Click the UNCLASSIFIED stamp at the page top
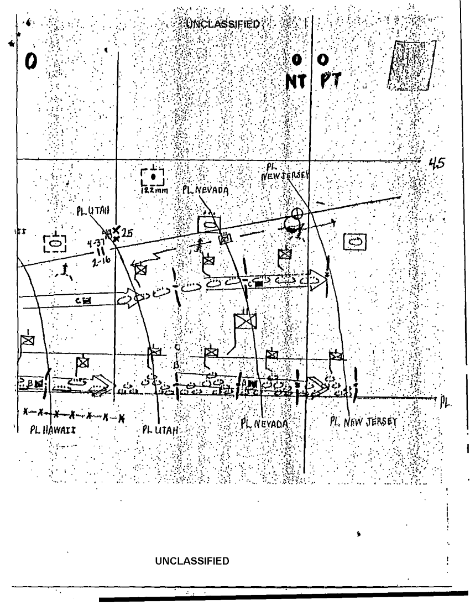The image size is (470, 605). pyautogui.click(x=222, y=24)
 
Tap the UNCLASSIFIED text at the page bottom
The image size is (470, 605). pyautogui.click(x=192, y=561)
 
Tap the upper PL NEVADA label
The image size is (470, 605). pyautogui.click(x=205, y=191)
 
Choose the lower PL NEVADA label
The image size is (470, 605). pyautogui.click(x=265, y=423)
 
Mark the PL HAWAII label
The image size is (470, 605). pyautogui.click(x=49, y=430)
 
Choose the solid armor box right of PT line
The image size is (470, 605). pyautogui.click(x=354, y=241)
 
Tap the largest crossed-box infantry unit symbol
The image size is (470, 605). pyautogui.click(x=244, y=322)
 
